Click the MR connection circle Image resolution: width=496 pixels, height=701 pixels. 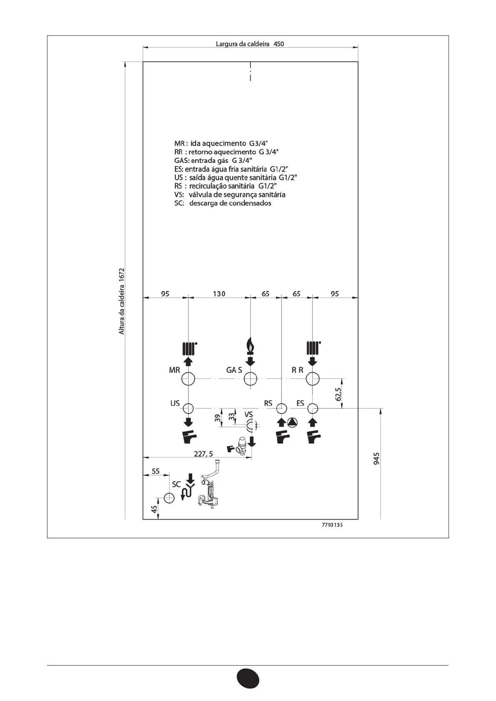(x=189, y=379)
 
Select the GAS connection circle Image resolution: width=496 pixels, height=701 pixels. (x=250, y=379)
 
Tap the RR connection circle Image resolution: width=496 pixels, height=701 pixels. (x=313, y=379)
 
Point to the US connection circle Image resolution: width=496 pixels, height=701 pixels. (x=189, y=408)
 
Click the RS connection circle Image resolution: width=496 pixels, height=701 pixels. (x=282, y=408)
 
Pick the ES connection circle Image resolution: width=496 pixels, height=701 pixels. (x=313, y=408)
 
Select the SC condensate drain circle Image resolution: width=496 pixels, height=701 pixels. (x=169, y=498)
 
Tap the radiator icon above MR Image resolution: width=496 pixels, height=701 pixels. (x=189, y=347)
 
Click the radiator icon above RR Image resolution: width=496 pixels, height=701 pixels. (x=313, y=347)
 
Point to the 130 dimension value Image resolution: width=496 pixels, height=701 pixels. (x=219, y=294)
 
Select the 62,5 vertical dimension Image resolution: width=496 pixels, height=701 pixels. (x=338, y=394)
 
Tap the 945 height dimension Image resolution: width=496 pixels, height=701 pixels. (x=376, y=459)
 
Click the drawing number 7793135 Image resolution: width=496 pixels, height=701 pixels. (x=332, y=525)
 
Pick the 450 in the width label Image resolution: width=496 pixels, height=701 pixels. (x=279, y=44)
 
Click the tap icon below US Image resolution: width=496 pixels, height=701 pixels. (x=189, y=438)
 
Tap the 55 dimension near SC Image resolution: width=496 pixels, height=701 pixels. (x=155, y=471)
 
